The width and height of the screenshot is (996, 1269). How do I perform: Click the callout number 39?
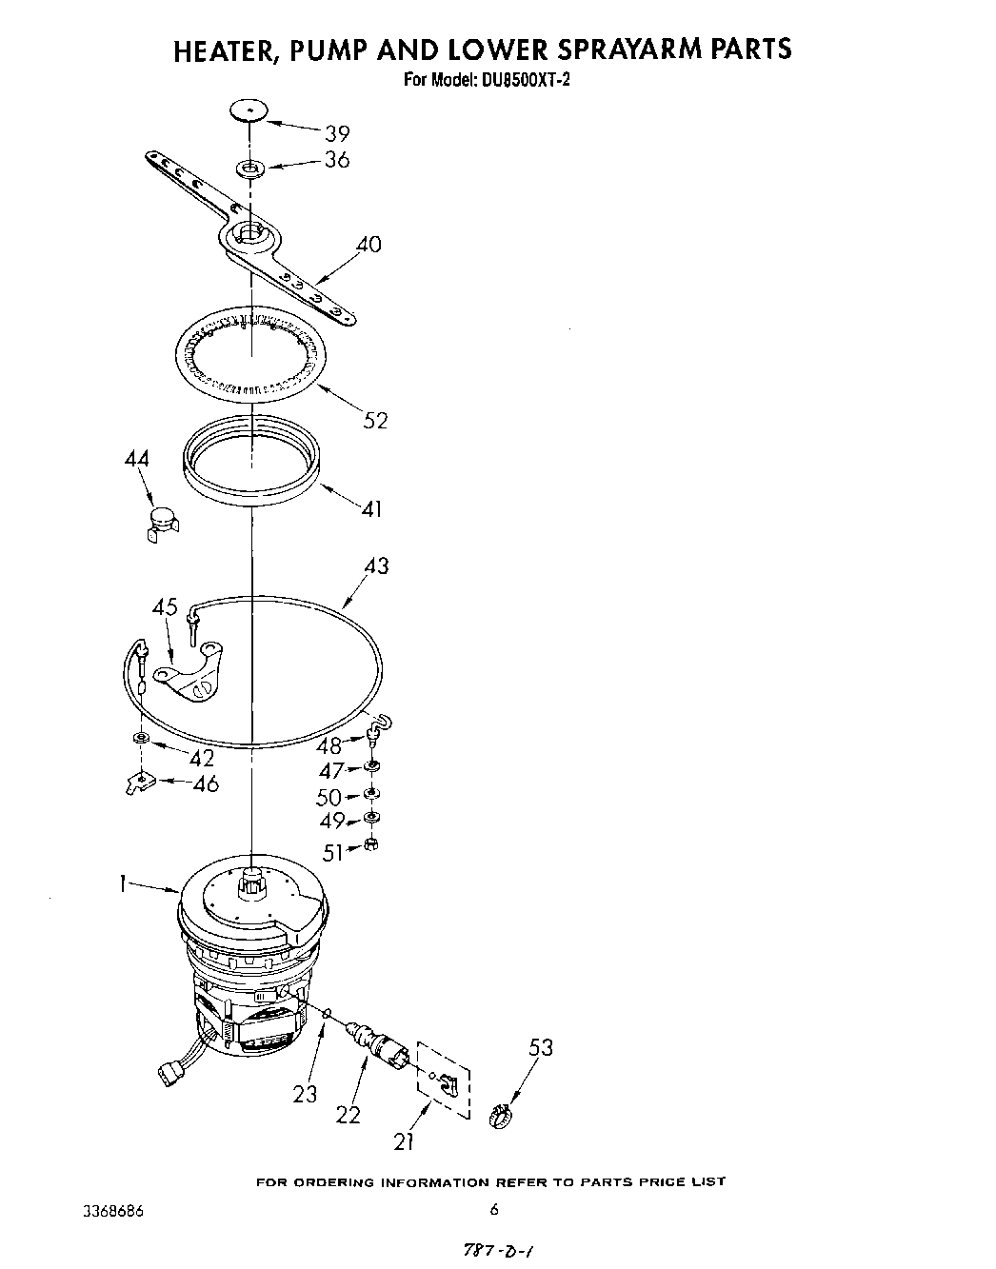click(x=337, y=133)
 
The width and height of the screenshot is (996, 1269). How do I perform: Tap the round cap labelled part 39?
click(x=249, y=110)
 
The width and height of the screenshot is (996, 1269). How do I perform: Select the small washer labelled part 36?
click(x=250, y=169)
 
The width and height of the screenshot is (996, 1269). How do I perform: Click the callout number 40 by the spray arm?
click(x=369, y=245)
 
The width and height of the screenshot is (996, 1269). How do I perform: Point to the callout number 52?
click(x=375, y=420)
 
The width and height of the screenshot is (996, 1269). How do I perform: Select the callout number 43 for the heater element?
click(x=376, y=565)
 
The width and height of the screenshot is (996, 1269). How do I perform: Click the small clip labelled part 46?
click(x=139, y=783)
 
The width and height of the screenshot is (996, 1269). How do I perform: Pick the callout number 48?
click(x=329, y=745)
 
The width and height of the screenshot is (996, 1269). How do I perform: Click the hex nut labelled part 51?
click(x=371, y=845)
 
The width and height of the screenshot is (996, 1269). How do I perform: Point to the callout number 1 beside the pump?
click(x=123, y=883)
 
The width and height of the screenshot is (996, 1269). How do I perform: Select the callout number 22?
click(x=349, y=1114)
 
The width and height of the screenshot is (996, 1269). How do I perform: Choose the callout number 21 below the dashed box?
click(x=404, y=1139)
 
